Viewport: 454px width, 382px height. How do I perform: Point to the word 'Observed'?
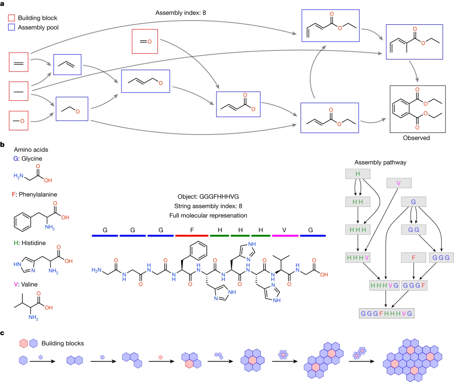416,137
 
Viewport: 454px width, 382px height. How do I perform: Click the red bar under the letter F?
192,236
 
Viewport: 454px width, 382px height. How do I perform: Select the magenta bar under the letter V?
285,236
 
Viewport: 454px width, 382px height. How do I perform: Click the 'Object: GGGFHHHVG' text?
209,196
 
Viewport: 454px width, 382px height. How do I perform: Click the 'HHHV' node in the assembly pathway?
357,257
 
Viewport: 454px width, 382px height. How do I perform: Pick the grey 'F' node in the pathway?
414,256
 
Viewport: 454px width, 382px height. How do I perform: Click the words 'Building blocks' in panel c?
63,343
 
